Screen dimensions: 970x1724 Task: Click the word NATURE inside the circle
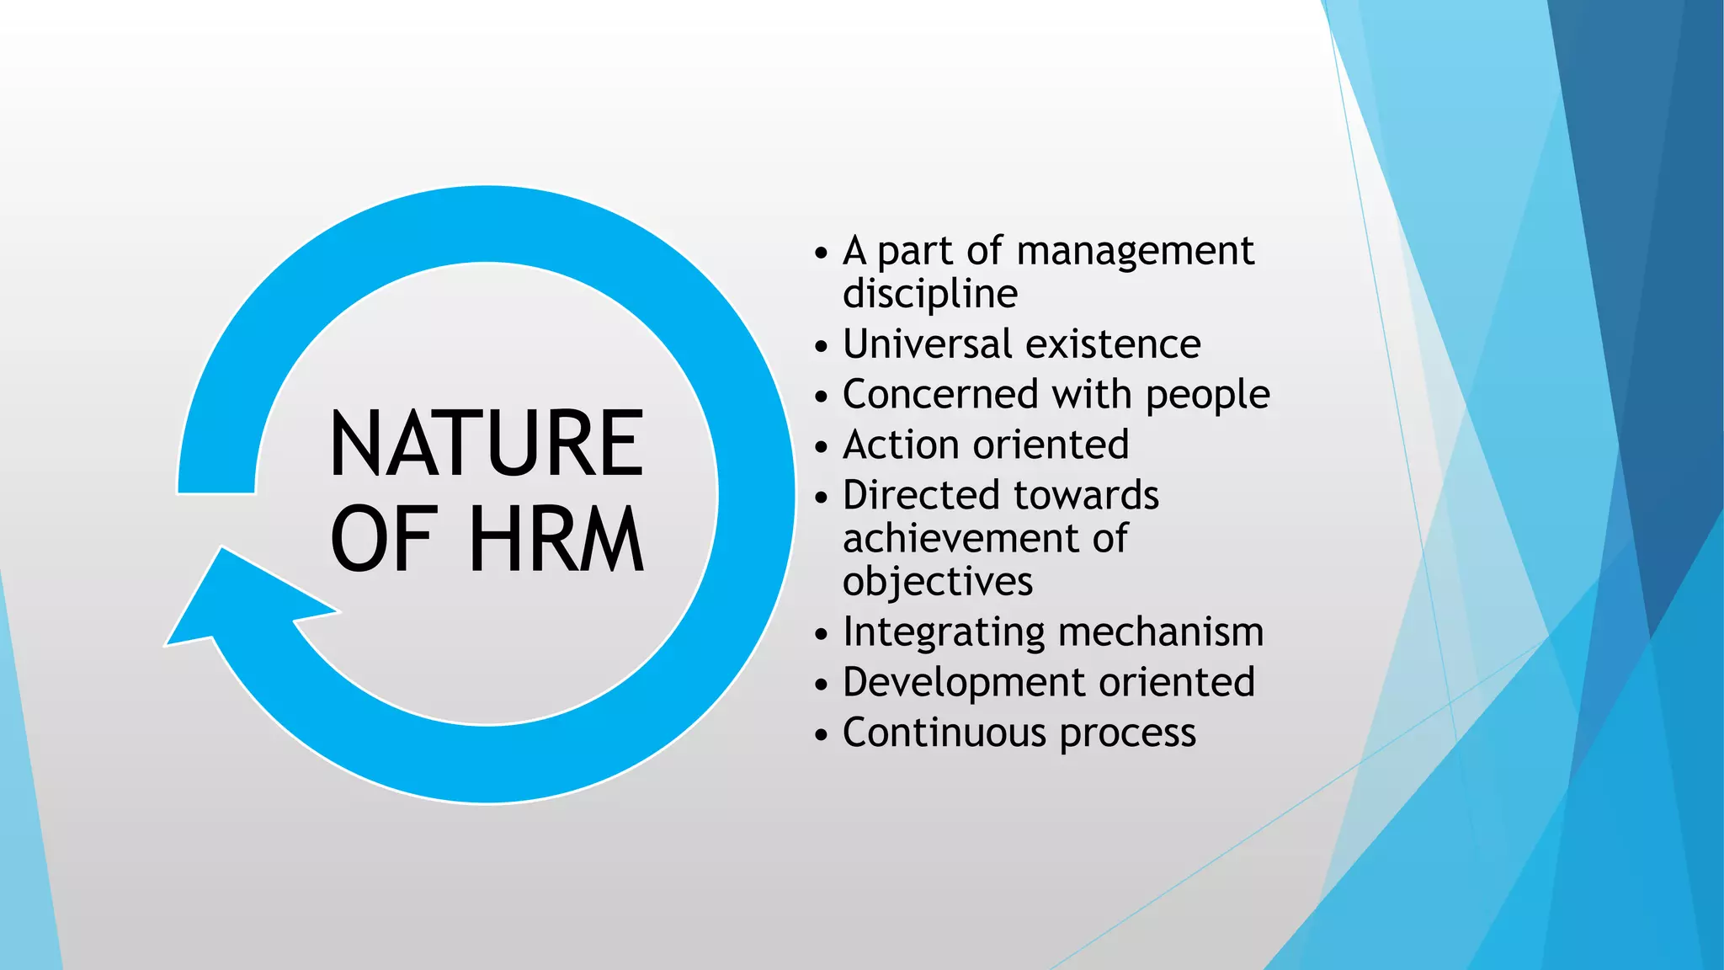[487, 443]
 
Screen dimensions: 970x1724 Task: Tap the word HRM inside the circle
[556, 539]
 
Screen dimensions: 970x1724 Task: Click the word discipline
[930, 294]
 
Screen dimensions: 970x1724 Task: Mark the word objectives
[937, 582]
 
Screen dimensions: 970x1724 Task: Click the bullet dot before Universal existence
[822, 346]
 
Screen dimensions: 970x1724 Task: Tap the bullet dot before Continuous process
[822, 735]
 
